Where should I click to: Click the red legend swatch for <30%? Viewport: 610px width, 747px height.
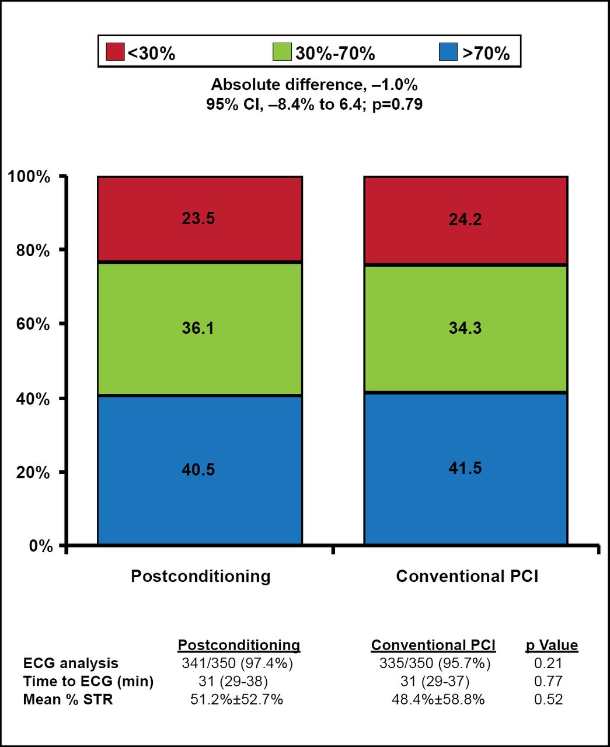coord(115,51)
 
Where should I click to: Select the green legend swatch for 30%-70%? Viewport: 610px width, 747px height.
coord(282,51)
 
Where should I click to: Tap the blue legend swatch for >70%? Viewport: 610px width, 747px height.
coord(448,51)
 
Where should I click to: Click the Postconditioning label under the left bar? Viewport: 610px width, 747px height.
coord(201,577)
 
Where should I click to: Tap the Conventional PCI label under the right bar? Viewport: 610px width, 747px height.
coord(467,577)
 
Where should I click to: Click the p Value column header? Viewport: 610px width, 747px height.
coord(552,645)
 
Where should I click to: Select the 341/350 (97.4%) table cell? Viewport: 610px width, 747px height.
coord(238,664)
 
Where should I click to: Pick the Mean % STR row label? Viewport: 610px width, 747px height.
coord(68,699)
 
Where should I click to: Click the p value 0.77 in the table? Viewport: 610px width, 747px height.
coord(548,681)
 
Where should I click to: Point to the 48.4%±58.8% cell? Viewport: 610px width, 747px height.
coord(438,699)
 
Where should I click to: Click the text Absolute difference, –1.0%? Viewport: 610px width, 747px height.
coord(314,85)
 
